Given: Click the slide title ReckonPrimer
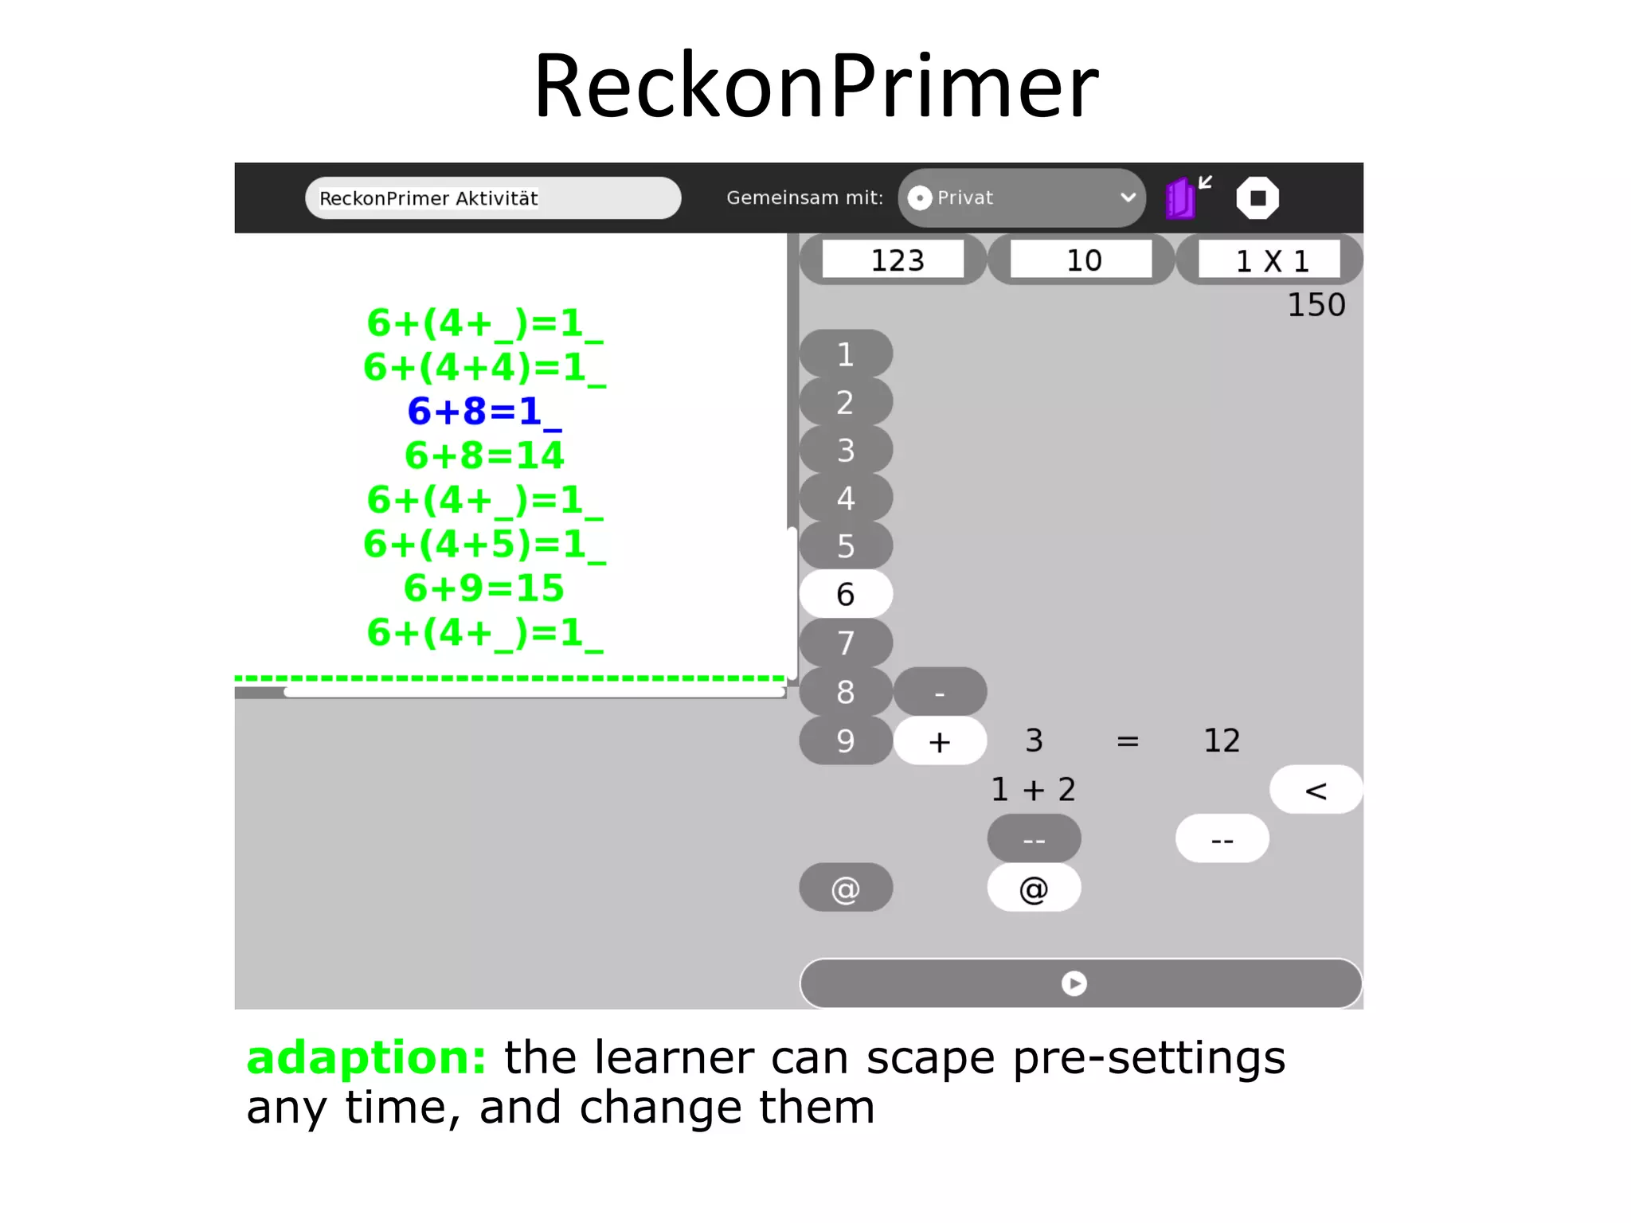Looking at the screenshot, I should click(x=815, y=85).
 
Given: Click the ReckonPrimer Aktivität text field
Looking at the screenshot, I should click(x=492, y=198).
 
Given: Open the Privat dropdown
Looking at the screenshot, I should click(x=1022, y=197).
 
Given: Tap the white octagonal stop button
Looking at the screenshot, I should click(x=1257, y=198).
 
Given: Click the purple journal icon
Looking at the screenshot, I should click(x=1181, y=198).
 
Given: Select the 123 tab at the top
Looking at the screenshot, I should click(x=894, y=260).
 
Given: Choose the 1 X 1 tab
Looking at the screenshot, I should click(x=1270, y=260).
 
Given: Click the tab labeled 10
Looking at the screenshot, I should click(x=1081, y=260).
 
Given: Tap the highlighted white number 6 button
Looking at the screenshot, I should click(x=846, y=594).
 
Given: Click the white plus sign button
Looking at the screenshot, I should click(x=940, y=741).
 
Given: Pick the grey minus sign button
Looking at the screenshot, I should click(x=940, y=693).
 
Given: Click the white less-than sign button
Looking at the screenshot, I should click(x=1316, y=790).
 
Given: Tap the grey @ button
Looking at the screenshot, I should click(x=846, y=888).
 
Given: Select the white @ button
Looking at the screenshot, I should click(x=1034, y=888).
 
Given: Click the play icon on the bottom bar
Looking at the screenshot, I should click(x=1074, y=984).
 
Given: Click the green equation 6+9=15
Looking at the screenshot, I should click(x=484, y=588).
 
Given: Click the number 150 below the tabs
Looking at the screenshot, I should click(x=1316, y=305).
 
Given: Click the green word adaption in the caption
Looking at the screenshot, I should click(x=366, y=1058).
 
